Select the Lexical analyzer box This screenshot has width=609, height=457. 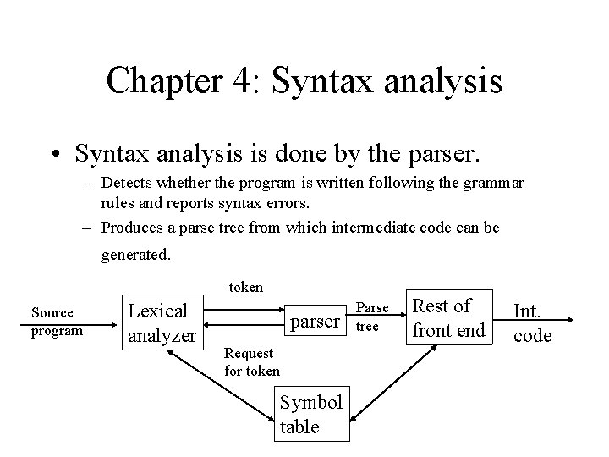pyautogui.click(x=162, y=322)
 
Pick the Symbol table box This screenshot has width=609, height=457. pyautogui.click(x=310, y=415)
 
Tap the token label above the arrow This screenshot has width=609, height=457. pyautogui.click(x=246, y=287)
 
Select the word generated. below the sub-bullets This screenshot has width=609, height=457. pyautogui.click(x=136, y=254)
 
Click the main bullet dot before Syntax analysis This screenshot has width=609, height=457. pyautogui.click(x=56, y=155)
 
